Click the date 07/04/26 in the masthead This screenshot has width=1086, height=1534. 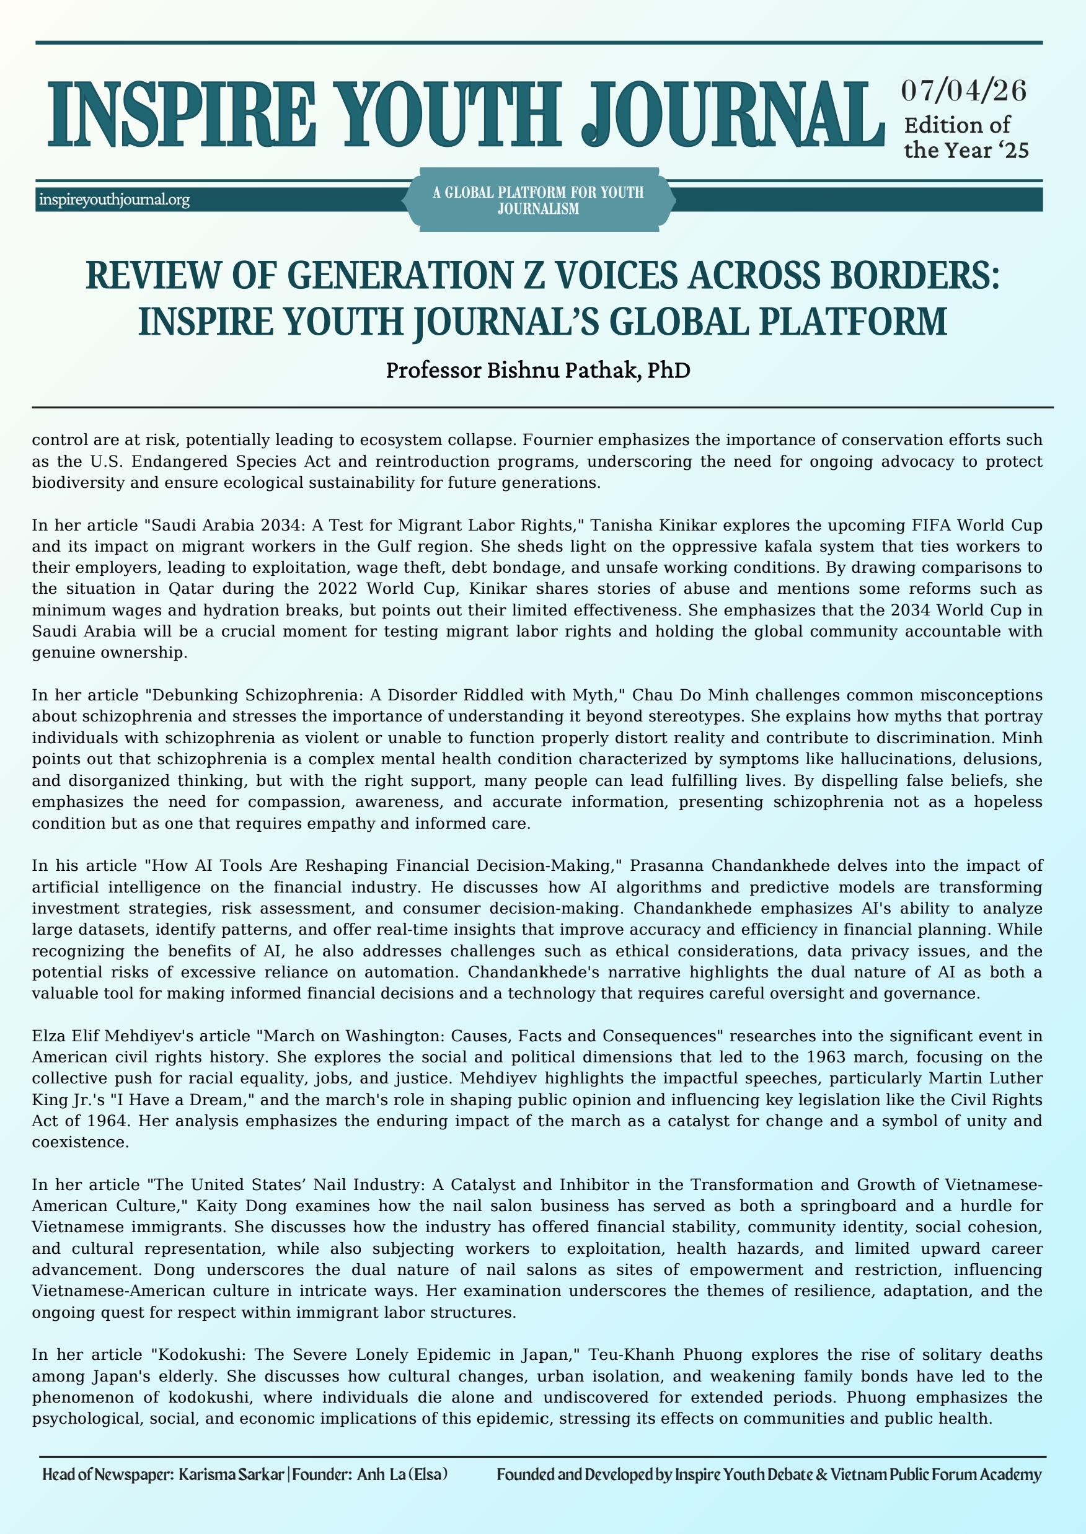(x=963, y=91)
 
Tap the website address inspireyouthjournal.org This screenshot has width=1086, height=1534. (x=113, y=200)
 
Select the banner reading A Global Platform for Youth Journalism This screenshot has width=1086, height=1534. (x=537, y=200)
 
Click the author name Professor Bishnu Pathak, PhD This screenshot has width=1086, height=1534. (x=537, y=370)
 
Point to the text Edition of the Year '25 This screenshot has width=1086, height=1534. (x=966, y=138)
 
